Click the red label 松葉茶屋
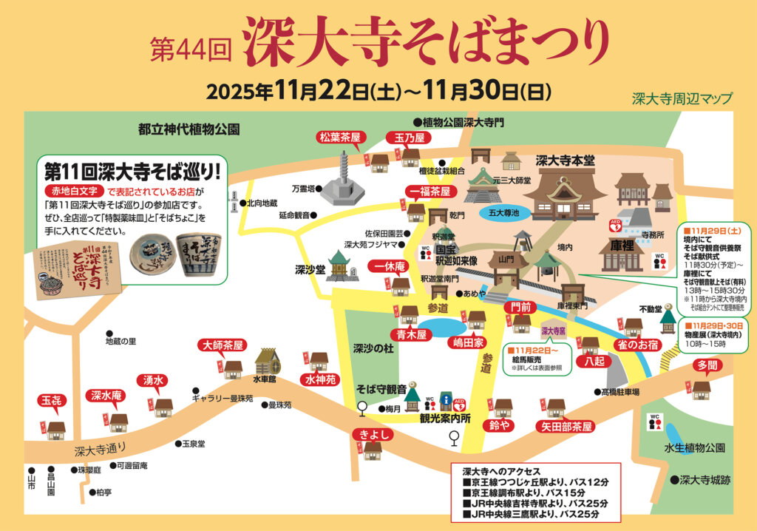click(339, 138)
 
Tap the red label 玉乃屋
click(408, 138)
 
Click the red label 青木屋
click(412, 335)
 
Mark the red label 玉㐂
click(51, 401)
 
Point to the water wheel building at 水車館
click(266, 362)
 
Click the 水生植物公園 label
click(694, 448)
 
